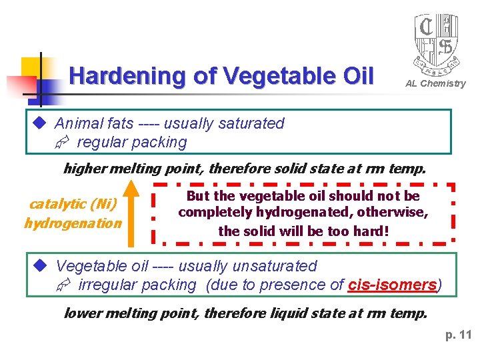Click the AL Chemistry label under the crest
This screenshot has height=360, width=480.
[x=435, y=83]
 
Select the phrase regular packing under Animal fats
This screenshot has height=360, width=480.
[x=132, y=142]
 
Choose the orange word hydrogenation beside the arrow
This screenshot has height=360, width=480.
[x=73, y=223]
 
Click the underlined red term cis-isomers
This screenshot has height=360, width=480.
[x=392, y=285]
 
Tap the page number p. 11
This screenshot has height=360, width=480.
[x=458, y=335]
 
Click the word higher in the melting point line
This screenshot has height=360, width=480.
[x=85, y=169]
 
